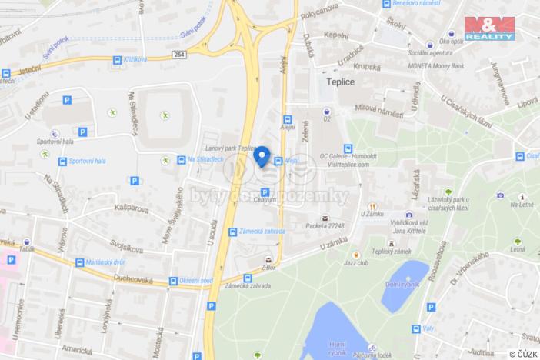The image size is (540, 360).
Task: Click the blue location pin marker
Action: coord(262,156)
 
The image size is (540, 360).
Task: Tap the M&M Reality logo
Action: coord(489,28)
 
